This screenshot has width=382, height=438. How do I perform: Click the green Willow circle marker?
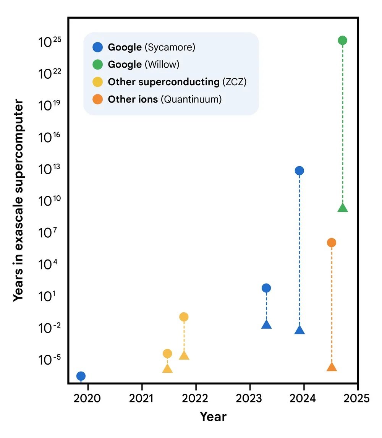(343, 40)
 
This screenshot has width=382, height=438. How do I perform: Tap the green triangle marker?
(343, 208)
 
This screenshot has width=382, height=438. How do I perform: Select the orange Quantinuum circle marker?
(332, 242)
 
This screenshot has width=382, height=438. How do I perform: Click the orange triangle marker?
(332, 367)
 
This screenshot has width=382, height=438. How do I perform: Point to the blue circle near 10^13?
(299, 170)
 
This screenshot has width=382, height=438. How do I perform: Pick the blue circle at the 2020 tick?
(81, 376)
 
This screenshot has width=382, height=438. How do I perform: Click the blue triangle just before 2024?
(299, 330)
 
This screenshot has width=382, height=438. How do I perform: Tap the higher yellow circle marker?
(184, 316)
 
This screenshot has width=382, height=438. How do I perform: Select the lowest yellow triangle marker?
(167, 369)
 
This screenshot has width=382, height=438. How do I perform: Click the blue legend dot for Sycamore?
(97, 47)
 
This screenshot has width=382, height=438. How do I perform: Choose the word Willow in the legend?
(162, 65)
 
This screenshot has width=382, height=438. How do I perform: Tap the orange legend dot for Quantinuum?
(97, 99)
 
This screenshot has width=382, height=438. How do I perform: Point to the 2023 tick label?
(249, 398)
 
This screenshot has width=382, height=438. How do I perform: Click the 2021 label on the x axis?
(142, 398)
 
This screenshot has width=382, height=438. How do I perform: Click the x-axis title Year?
(213, 417)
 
